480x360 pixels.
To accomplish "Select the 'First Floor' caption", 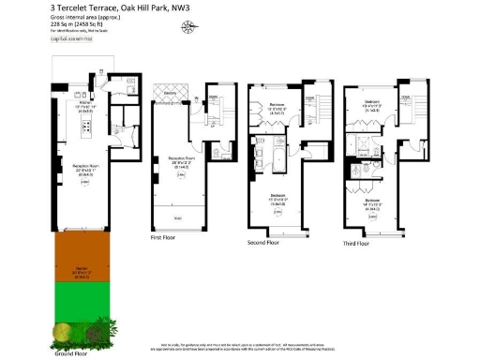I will point(165,238).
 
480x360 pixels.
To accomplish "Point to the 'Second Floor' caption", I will point(264,243).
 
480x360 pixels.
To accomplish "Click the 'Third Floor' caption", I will point(356,243).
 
